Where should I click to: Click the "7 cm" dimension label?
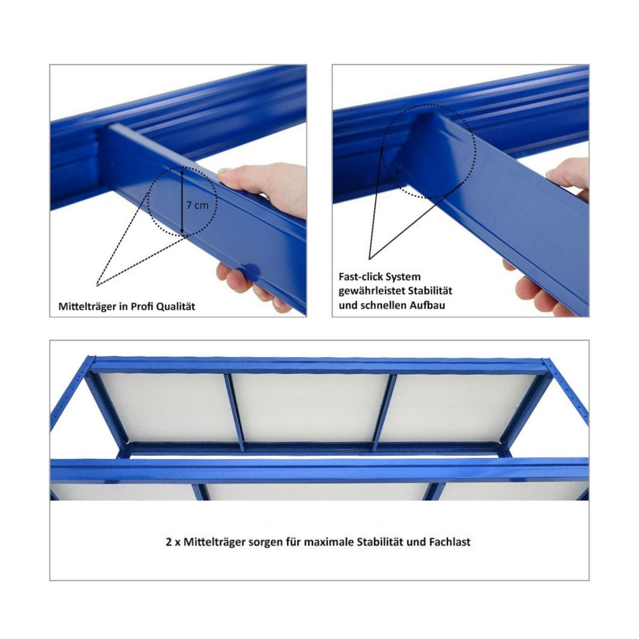[198, 205]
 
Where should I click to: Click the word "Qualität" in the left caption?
[177, 307]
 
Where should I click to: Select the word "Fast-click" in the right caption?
[361, 277]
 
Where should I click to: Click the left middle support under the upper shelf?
[234, 410]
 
